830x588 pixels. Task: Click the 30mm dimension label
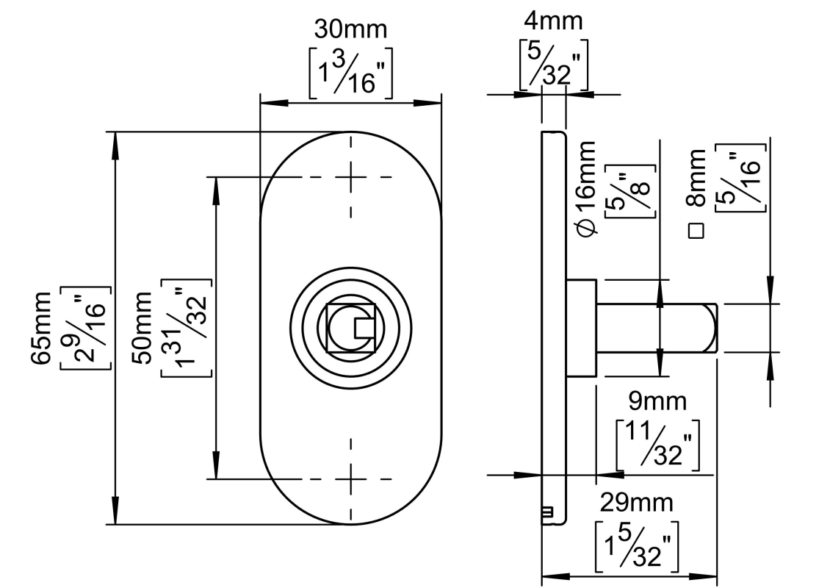[350, 30]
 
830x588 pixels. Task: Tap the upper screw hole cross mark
[351, 177]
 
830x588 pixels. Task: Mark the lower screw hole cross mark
[351, 479]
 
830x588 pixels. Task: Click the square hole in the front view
[351, 328]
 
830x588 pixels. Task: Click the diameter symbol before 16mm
[586, 227]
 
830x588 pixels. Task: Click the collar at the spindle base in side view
[582, 328]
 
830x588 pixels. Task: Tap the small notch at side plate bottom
[546, 512]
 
